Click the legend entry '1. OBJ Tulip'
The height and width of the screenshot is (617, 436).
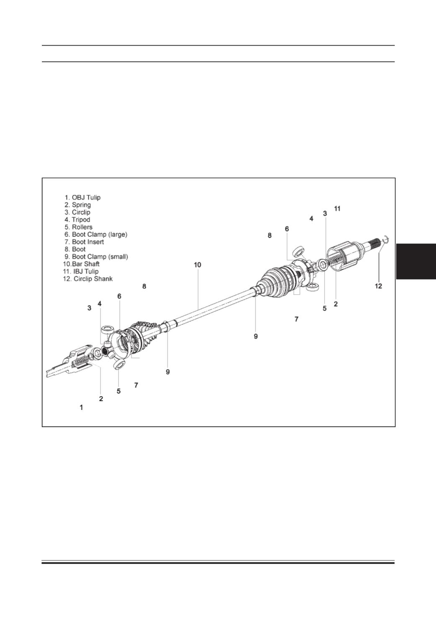coord(83,197)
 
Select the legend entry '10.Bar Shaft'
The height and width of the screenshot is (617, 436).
coord(81,264)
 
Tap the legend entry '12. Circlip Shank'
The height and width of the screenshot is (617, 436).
coord(88,279)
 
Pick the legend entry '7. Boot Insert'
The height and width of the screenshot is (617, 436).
coord(84,242)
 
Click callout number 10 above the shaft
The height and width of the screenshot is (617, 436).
coord(198,265)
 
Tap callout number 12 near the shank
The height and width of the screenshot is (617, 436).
coord(379,286)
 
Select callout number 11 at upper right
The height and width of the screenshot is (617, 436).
coord(337,209)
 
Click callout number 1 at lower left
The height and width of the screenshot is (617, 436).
coord(82,407)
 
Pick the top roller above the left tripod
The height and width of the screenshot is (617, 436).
coord(108,330)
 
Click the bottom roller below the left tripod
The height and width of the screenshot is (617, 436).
coord(119,365)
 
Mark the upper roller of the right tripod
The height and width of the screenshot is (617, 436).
coord(298,252)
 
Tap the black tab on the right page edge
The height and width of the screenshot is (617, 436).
coord(416,262)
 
